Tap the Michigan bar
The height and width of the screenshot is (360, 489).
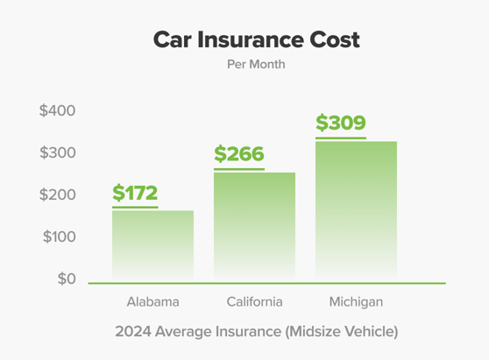pos(356,211)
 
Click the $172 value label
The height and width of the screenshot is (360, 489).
pos(135,193)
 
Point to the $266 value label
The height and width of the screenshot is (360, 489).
pos(239,155)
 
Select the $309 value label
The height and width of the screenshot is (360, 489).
pos(341,124)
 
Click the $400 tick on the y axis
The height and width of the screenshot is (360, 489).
pos(58,111)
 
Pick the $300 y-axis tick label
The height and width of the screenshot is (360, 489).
pos(58,153)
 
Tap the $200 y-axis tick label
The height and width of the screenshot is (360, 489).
pos(58,194)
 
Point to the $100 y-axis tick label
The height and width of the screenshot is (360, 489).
pos(58,236)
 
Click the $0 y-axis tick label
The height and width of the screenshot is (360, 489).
pos(67,279)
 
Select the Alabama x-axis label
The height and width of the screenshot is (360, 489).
pos(152,302)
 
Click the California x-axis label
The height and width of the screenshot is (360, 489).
pos(254,302)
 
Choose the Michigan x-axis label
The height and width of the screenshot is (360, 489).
pos(356,302)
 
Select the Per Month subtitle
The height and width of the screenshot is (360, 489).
pos(256,64)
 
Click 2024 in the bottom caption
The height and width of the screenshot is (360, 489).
pos(131,332)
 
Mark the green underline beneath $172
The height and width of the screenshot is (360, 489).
pos(135,207)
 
